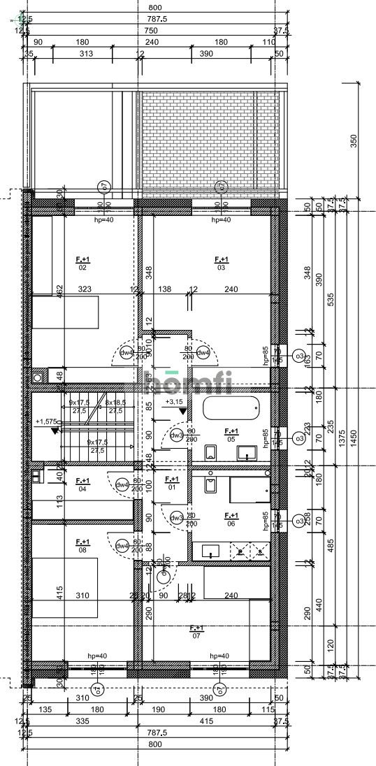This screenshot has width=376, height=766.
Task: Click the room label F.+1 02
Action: click(x=82, y=263)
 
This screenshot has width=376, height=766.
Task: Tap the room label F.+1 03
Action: click(x=221, y=263)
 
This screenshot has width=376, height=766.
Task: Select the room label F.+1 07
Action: click(x=196, y=632)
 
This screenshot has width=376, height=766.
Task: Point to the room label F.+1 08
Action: click(x=82, y=544)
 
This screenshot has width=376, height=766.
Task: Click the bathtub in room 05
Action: click(x=231, y=407)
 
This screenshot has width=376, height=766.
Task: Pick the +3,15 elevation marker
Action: click(x=174, y=403)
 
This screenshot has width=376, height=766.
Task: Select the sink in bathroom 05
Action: click(x=246, y=452)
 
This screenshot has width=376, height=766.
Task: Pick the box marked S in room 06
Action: click(x=259, y=551)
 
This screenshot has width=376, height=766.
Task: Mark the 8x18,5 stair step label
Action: click(x=115, y=403)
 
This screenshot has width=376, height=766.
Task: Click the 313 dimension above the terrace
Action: click(x=87, y=53)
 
